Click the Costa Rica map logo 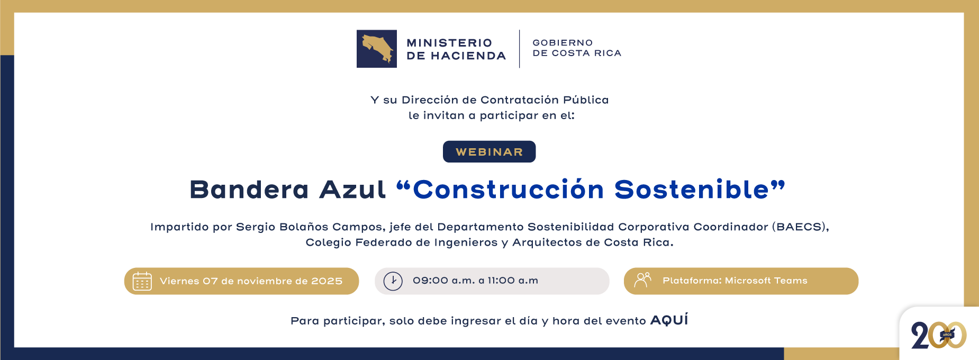click(376, 49)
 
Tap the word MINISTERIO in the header click(449, 43)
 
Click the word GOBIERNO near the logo click(563, 43)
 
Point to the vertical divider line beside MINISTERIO click(519, 49)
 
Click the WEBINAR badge click(489, 152)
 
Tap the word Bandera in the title click(249, 190)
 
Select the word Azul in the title click(352, 190)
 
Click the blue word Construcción click(508, 190)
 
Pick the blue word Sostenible click(692, 190)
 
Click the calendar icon click(142, 281)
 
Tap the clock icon click(393, 281)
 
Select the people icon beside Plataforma click(642, 280)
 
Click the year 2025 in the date click(327, 281)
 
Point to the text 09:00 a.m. click(443, 281)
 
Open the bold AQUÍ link click(669, 320)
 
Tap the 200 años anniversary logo click(939, 335)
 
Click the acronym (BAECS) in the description click(799, 227)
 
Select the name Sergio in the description click(256, 227)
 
